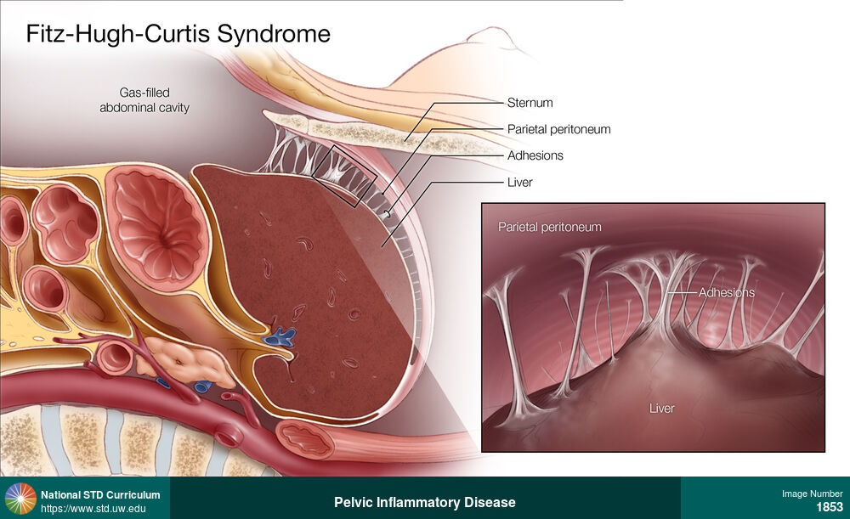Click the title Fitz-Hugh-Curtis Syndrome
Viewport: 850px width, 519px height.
tap(178, 34)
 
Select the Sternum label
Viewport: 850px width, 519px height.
tap(530, 103)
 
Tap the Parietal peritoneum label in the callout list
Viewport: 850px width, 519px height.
tap(558, 129)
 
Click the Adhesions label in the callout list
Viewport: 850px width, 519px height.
tap(535, 155)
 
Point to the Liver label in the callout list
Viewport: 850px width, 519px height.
tap(519, 182)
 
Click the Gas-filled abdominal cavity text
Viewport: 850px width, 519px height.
tap(144, 100)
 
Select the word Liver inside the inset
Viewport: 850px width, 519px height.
tap(661, 409)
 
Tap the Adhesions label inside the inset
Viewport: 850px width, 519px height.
tap(726, 292)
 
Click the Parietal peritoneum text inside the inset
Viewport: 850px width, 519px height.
tap(549, 227)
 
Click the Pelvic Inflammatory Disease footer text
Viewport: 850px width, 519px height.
tap(424, 502)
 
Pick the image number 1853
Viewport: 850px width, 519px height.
tap(830, 507)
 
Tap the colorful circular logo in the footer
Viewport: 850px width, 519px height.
tap(20, 499)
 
